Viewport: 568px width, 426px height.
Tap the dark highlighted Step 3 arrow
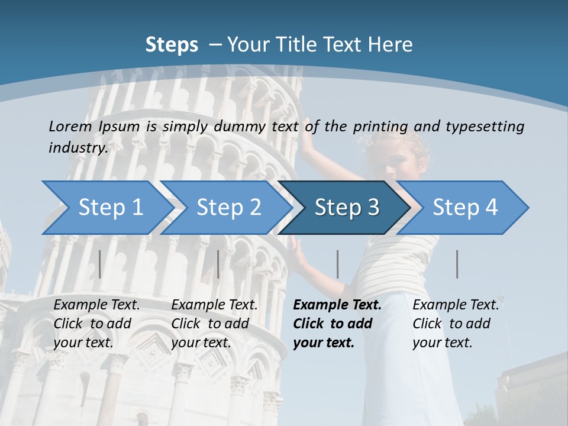point(347,208)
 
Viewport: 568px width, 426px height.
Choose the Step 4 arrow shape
point(465,208)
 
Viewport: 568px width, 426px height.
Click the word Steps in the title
point(172,44)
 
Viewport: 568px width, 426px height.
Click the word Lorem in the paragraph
point(70,126)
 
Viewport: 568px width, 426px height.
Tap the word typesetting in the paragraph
point(485,126)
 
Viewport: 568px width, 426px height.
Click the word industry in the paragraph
point(78,147)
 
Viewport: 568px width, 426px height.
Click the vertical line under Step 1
point(100,264)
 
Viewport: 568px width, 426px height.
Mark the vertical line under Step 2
point(218,264)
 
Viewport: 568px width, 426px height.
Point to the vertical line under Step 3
point(337,264)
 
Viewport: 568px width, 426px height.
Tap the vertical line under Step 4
point(457,264)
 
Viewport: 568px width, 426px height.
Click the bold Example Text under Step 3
point(337,305)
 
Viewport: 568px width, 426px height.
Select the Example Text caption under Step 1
point(97,305)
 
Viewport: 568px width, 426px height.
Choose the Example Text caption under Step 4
point(456,305)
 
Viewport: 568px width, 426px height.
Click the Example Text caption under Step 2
point(214,305)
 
